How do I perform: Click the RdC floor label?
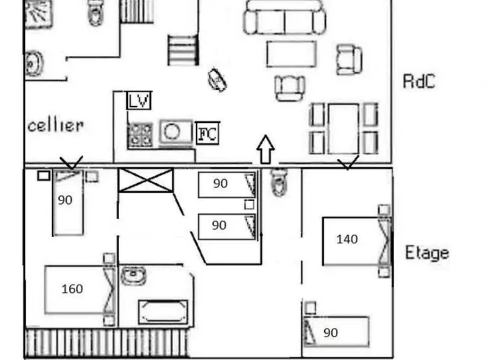pos(419,81)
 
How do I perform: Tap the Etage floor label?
pos(427,253)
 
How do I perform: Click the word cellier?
pos(55,125)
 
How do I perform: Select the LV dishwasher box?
pos(139,101)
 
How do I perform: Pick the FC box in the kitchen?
pos(207,132)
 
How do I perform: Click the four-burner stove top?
pos(140,135)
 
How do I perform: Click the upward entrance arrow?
pos(266,149)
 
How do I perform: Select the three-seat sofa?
pos(284,18)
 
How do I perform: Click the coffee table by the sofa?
pos(291,54)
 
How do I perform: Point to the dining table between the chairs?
pos(343,129)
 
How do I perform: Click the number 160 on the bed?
pos(72,289)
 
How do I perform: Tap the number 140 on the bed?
pos(347,239)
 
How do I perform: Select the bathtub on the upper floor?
pos(163,312)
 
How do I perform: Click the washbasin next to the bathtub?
pos(133,275)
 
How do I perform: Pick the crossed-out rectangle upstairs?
pos(146,180)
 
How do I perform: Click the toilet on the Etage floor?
pos(279,182)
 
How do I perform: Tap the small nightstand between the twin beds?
pos(249,204)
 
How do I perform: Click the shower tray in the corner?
pos(39,14)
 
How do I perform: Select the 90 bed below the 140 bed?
pos(336,332)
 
